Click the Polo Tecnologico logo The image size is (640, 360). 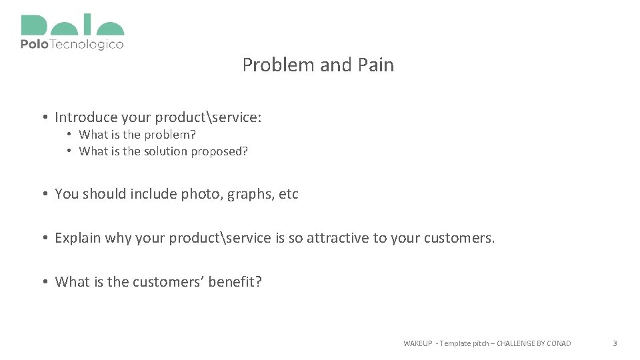[x=72, y=33]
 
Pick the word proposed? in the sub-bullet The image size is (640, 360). [x=219, y=151]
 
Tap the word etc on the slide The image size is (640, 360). [x=289, y=195]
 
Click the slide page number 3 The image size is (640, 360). [x=615, y=343]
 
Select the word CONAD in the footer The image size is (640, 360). [x=558, y=343]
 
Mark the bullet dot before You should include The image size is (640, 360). [x=43, y=195]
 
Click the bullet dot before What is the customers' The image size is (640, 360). [x=43, y=282]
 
